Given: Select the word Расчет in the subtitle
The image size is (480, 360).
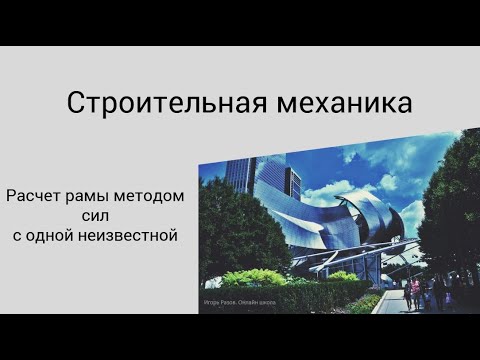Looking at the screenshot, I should (x=35, y=196).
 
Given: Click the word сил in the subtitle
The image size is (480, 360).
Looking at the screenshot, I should (x=95, y=216).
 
